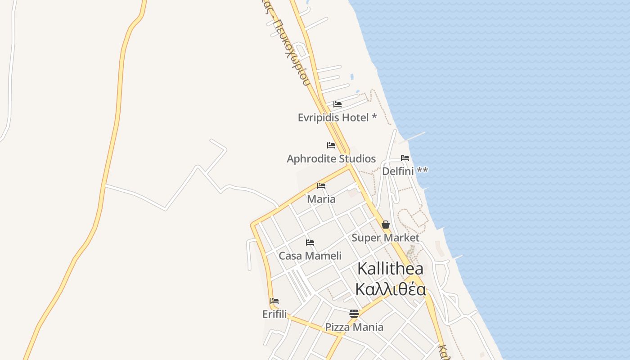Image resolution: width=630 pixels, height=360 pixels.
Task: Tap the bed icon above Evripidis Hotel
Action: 337,104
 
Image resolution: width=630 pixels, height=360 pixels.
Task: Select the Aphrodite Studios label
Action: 331,159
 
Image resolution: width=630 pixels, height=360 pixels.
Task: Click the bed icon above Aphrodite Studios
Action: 331,145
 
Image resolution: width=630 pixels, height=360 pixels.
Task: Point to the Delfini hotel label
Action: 398,171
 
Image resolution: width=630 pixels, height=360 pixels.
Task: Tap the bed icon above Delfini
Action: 405,158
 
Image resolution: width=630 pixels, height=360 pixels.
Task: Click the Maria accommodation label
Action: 321,199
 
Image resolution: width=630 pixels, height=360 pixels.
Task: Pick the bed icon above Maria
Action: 321,185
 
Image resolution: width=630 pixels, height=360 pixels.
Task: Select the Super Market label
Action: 385,238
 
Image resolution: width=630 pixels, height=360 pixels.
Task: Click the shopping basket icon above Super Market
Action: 386,225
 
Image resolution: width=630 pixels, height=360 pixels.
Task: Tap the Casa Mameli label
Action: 310,256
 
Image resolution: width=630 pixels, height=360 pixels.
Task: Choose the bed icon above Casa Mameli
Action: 310,243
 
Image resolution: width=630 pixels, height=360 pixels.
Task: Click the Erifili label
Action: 274,314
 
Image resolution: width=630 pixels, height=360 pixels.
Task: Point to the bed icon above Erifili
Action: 274,301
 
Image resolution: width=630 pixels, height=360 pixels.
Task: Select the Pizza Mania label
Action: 354,327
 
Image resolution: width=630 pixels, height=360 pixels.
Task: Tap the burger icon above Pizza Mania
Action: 354,314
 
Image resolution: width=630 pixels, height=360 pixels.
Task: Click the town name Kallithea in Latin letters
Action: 390,269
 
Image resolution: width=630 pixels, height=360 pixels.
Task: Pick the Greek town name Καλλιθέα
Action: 390,289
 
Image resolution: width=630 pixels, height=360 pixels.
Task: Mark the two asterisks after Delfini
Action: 422,171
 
